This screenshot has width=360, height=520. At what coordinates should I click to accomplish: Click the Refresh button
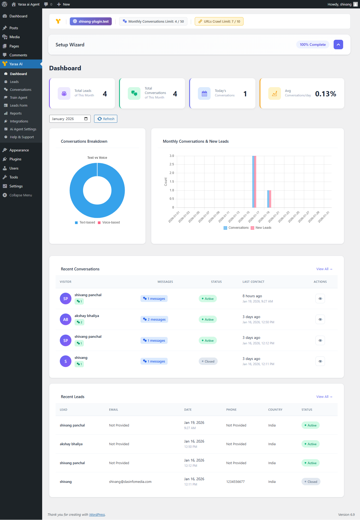tap(106, 119)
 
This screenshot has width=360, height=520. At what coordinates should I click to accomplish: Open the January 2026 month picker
tap(70, 119)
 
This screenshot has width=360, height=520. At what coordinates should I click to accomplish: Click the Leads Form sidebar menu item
tap(18, 105)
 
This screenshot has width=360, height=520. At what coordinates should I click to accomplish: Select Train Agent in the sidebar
tap(18, 97)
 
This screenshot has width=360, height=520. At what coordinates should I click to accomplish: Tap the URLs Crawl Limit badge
tap(219, 21)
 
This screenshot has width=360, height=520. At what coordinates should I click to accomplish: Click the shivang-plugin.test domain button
tap(91, 21)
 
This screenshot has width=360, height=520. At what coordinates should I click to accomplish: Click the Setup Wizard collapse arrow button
tap(338, 44)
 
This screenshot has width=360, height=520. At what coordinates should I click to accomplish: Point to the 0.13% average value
tap(325, 94)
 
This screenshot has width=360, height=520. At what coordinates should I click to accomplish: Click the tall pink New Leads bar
tap(255, 182)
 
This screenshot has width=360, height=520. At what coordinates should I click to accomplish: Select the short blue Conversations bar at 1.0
tap(268, 199)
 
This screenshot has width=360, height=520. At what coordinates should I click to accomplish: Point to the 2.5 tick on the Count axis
tap(172, 164)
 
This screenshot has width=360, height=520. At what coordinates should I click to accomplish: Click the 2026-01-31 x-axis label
tap(324, 217)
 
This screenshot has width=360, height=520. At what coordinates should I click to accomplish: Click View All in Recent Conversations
tap(324, 269)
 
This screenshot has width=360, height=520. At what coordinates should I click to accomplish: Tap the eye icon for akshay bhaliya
tap(320, 319)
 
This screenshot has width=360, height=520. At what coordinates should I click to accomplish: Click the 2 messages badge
tap(154, 319)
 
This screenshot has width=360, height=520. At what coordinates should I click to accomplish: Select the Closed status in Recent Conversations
tap(208, 361)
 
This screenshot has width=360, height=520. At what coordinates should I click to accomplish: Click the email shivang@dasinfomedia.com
tap(130, 482)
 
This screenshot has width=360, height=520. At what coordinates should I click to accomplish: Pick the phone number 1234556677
tap(235, 482)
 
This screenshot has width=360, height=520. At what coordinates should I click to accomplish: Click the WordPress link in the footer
tap(97, 514)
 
